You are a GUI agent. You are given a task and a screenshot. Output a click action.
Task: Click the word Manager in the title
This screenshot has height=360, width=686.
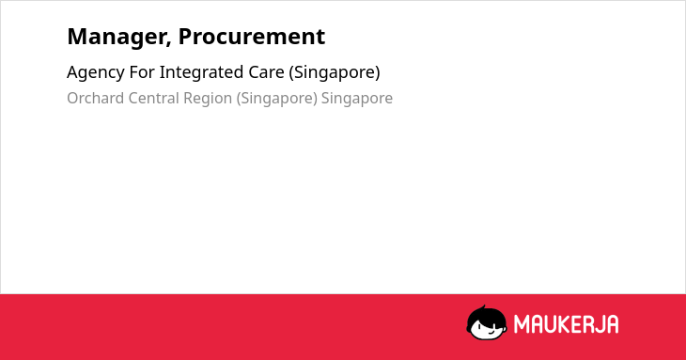pos(117,38)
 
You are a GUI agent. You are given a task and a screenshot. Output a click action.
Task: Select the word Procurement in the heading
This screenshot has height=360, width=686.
pos(252,37)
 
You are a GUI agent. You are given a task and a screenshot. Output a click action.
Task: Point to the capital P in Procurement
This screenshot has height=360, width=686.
pos(184,37)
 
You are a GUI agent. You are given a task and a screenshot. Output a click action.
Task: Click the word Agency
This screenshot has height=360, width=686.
pos(96,73)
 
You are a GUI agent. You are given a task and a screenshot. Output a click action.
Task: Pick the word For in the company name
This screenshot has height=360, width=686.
pos(142,72)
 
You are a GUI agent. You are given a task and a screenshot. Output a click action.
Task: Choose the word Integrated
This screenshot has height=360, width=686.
pos(202,73)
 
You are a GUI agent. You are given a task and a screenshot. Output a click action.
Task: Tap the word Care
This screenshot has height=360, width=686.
pos(267,72)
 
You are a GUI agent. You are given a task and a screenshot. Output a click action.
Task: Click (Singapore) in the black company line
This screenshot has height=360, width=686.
pos(335,73)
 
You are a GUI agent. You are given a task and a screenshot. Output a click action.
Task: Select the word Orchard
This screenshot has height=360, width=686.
pos(95,98)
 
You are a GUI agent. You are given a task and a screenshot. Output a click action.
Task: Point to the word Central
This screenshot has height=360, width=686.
pos(153,98)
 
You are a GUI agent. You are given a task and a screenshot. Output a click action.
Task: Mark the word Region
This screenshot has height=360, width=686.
pos(208,100)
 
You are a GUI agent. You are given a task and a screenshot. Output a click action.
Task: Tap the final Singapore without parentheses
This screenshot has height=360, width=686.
pos(357,100)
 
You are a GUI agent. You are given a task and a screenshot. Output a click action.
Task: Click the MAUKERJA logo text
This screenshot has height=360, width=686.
pos(566,324)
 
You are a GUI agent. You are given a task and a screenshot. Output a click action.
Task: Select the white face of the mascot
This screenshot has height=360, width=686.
pos(488,329)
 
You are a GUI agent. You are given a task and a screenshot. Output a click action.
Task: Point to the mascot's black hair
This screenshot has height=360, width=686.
pos(486,314)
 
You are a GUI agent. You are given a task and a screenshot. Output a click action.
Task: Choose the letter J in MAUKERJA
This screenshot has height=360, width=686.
pos(599,324)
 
